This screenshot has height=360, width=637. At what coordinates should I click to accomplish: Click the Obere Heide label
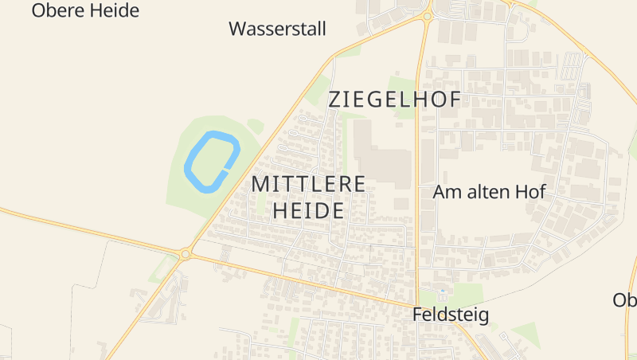(x=85, y=10)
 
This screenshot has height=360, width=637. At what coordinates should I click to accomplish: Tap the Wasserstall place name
(x=277, y=29)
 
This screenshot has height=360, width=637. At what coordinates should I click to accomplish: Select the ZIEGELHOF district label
(x=395, y=100)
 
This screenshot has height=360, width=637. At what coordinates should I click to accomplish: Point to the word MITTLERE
(x=308, y=183)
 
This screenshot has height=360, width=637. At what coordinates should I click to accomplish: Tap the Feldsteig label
(x=451, y=315)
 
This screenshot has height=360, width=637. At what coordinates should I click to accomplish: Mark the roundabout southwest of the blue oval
(x=186, y=254)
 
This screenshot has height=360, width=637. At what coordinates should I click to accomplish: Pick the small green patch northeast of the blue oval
(x=255, y=125)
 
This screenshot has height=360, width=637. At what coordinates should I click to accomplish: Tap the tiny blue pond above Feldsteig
(x=443, y=292)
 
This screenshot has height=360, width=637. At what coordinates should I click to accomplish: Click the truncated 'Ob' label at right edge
(x=625, y=300)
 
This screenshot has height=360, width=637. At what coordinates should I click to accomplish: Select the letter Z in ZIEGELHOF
(x=336, y=100)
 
